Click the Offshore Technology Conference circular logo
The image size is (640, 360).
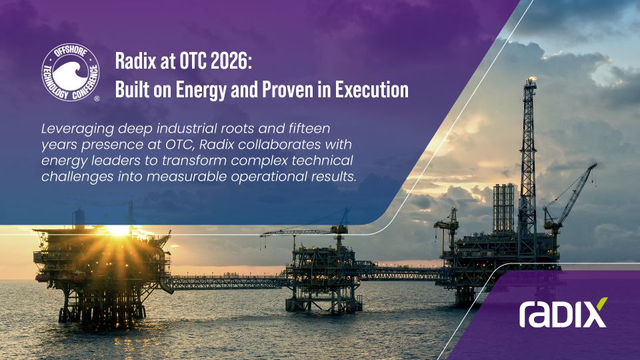tap(71, 73)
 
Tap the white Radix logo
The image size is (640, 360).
tap(563, 313)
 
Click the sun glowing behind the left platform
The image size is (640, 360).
tap(119, 230)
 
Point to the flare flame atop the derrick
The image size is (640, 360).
tap(531, 79)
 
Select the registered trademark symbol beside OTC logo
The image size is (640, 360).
tap(97, 99)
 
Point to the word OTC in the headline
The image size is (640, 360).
tap(193, 61)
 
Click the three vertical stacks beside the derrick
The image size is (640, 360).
tap(504, 208)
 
